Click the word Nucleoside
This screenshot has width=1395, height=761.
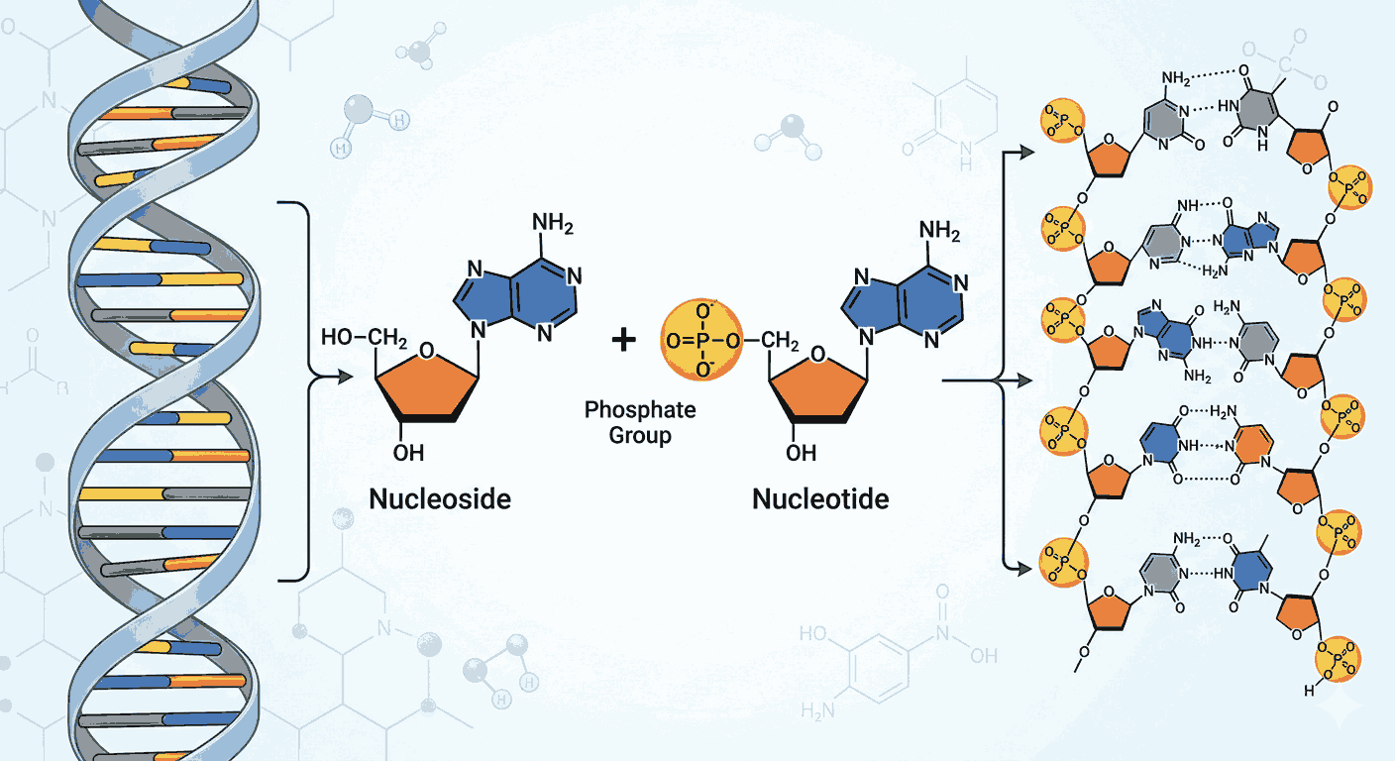pos(440,497)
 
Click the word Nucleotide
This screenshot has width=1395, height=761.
pos(820,498)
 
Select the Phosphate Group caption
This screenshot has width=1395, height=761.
pos(640,422)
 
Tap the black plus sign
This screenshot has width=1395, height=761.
pos(622,341)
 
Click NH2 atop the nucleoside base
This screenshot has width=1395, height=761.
pos(553,227)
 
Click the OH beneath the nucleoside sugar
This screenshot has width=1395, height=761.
pos(408,453)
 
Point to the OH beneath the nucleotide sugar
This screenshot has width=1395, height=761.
pos(801,453)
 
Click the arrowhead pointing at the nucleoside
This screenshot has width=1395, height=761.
pos(347,378)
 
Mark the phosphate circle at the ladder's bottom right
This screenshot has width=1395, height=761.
pos(1340,660)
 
